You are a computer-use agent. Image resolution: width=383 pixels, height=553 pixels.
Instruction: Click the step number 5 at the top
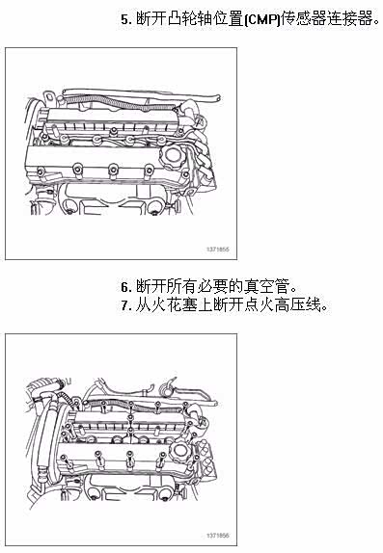pyautogui.click(x=124, y=19)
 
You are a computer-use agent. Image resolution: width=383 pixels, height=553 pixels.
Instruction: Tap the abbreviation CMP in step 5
pyautogui.click(x=261, y=19)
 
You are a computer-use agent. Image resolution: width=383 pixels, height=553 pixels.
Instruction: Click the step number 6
pyautogui.click(x=124, y=287)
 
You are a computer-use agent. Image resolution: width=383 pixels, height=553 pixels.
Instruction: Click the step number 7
pyautogui.click(x=124, y=305)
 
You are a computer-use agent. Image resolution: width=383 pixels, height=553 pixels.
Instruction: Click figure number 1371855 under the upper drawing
pyautogui.click(x=218, y=250)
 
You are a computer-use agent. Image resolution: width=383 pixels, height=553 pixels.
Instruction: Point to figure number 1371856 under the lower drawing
pyautogui.click(x=218, y=536)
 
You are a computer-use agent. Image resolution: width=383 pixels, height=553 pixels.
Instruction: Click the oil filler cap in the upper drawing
pyautogui.click(x=172, y=157)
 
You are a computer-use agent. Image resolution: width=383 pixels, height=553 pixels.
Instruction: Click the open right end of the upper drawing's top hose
pyautogui.click(x=219, y=97)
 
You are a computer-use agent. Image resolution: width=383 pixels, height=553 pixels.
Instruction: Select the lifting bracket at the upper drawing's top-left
pyautogui.click(x=49, y=97)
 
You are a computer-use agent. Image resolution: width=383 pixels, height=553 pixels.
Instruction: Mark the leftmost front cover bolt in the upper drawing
pyautogui.click(x=41, y=172)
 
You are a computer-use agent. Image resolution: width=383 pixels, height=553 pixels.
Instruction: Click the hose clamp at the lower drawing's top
pyautogui.click(x=166, y=388)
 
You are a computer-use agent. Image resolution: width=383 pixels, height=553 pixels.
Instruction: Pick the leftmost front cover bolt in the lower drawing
pyautogui.click(x=64, y=461)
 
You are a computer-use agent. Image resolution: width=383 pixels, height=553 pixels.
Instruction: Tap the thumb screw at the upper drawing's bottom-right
pyautogui.click(x=176, y=205)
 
